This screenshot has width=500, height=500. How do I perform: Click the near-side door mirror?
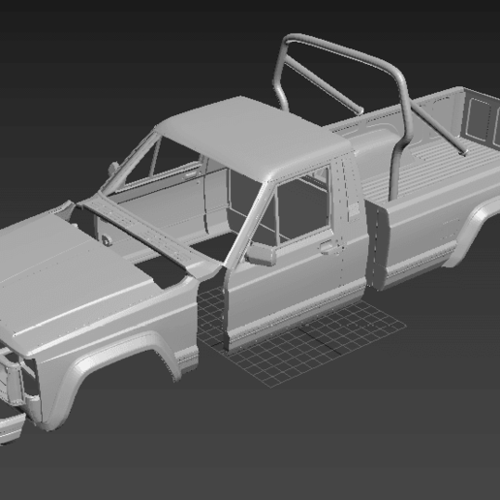tap(260, 254)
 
